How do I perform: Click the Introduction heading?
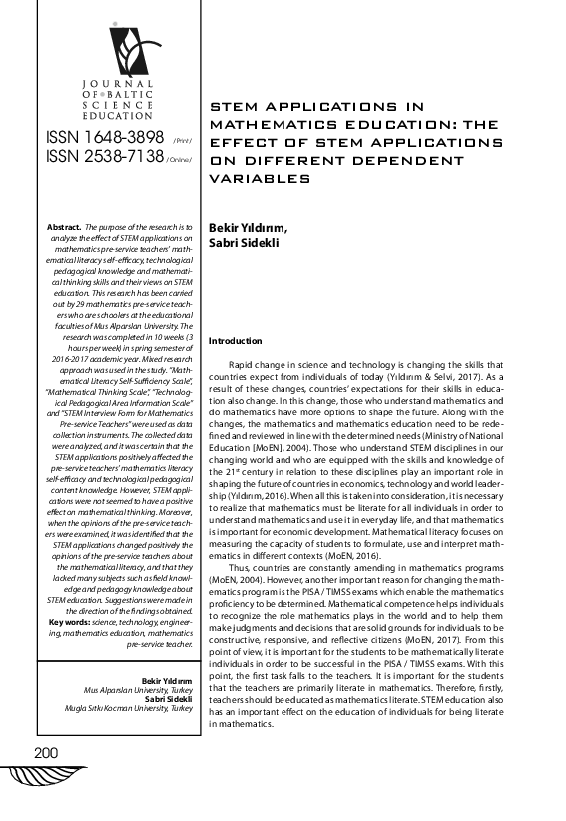coord(235,341)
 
